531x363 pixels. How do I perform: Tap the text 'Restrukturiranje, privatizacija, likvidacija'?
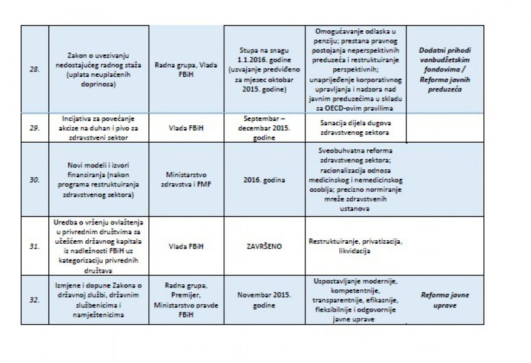click(355, 246)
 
